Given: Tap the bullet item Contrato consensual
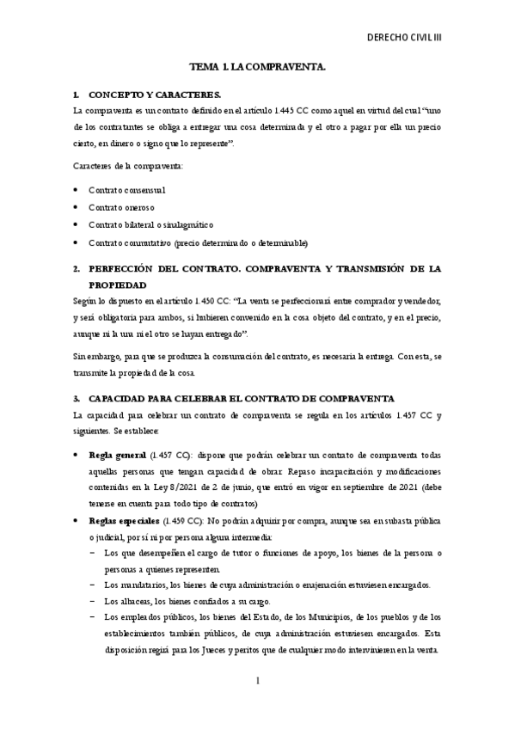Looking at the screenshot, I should click(x=127, y=189).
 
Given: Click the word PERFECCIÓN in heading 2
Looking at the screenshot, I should click(x=127, y=269).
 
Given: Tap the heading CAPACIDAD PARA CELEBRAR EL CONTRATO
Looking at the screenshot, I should click(x=241, y=399).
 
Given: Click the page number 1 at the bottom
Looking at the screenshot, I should click(x=257, y=681).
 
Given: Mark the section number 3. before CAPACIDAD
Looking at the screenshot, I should click(x=77, y=399).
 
